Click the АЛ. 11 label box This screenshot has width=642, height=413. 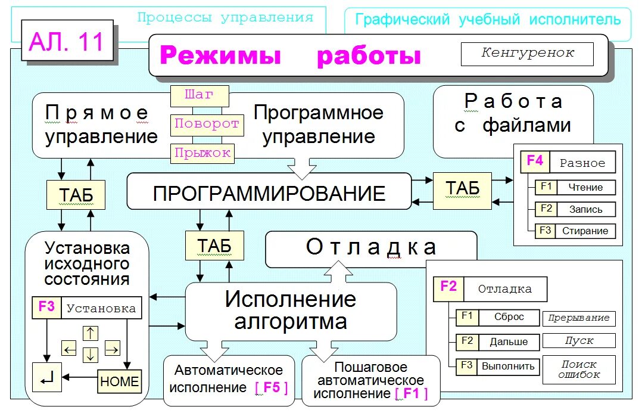point(67,42)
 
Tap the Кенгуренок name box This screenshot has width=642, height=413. point(527,54)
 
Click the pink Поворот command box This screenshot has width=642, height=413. point(207,125)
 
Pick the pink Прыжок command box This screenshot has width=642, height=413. point(202,153)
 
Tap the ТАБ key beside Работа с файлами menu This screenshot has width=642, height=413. point(462,189)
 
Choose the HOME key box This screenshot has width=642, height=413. point(119,381)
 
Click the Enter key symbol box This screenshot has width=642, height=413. point(47,377)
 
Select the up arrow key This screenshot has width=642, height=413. point(90,333)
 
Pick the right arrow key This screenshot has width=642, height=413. point(112,349)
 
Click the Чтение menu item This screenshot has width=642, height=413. point(585,187)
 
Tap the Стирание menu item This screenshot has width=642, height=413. point(585,231)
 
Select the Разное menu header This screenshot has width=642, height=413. point(582,163)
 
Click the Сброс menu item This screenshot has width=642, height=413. point(509,317)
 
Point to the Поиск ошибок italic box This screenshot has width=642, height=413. point(579,369)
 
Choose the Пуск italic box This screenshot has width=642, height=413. point(579,341)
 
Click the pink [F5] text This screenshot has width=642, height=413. point(272,387)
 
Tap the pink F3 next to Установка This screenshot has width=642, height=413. point(46,308)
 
